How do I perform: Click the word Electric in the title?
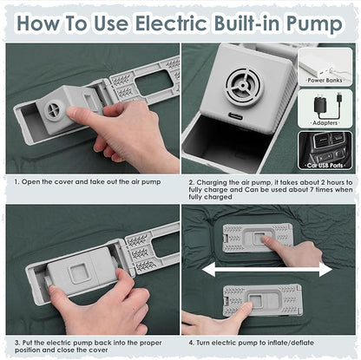tap(171, 23)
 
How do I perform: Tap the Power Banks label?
tap(325, 80)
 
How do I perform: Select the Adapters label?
tap(325, 123)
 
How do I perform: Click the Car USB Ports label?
tap(325, 166)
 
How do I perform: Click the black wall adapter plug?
tap(320, 106)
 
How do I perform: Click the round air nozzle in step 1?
tap(55, 110)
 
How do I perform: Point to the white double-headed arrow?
tap(266, 270)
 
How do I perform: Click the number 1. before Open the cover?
tap(17, 182)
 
